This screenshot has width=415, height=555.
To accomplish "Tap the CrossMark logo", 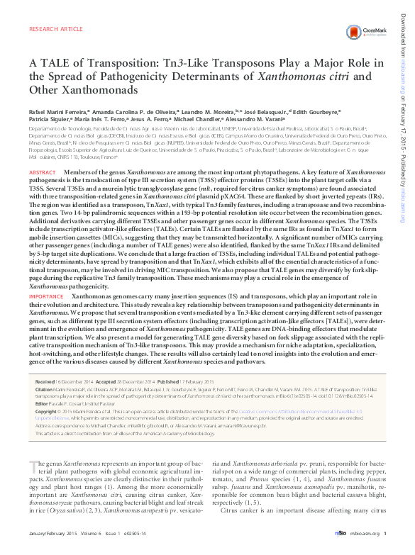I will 372,34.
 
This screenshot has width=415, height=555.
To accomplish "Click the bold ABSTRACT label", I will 42,174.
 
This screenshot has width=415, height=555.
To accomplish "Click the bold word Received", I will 45,381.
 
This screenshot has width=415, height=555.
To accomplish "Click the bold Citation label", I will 44,389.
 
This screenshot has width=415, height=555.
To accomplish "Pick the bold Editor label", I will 42,403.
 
